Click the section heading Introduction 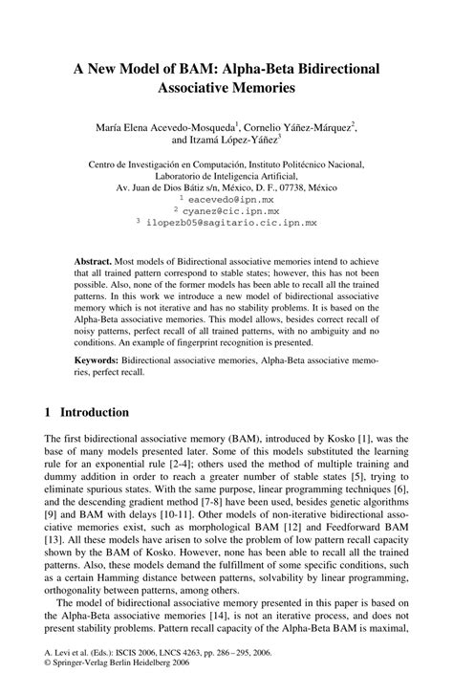pos(94,413)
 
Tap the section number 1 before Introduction pos(47,413)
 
